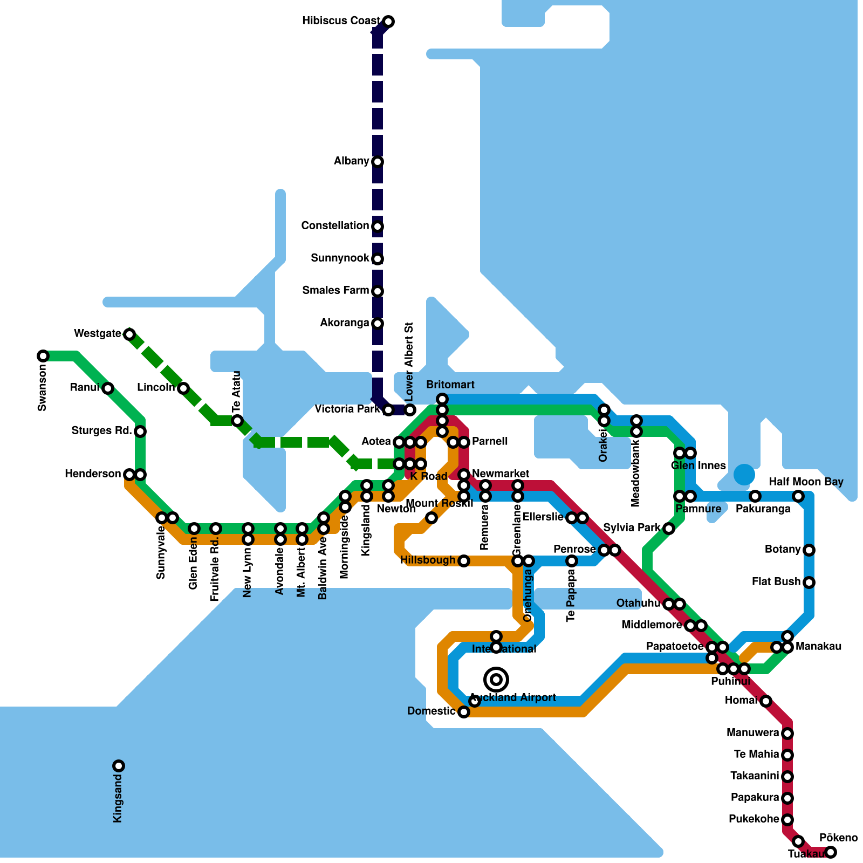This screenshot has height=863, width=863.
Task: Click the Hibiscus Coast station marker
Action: [388, 22]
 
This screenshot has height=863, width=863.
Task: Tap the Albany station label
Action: [351, 161]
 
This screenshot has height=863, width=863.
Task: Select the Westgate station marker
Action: [129, 334]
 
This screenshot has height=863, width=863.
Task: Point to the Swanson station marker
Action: [43, 356]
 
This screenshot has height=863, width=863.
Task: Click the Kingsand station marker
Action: [119, 766]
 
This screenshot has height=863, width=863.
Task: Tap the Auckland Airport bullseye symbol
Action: [496, 680]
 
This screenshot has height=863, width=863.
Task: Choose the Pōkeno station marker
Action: [831, 852]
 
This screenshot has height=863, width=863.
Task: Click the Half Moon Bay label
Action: [806, 482]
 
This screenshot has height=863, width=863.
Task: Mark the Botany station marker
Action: [809, 550]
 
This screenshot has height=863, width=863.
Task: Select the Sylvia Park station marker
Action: [669, 529]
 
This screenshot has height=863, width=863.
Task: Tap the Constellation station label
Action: [335, 225]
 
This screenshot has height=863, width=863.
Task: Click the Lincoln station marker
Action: [183, 388]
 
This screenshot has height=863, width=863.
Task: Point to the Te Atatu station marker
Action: [237, 421]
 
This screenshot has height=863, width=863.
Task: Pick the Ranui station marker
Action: [108, 388]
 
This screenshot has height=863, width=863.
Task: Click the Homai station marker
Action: [766, 701]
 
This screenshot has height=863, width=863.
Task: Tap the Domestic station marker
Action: [464, 712]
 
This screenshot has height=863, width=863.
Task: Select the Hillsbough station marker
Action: [464, 561]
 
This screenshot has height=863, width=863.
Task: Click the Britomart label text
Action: [450, 385]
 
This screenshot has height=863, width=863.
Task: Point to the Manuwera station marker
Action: [787, 734]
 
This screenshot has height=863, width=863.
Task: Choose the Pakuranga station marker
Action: [755, 496]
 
